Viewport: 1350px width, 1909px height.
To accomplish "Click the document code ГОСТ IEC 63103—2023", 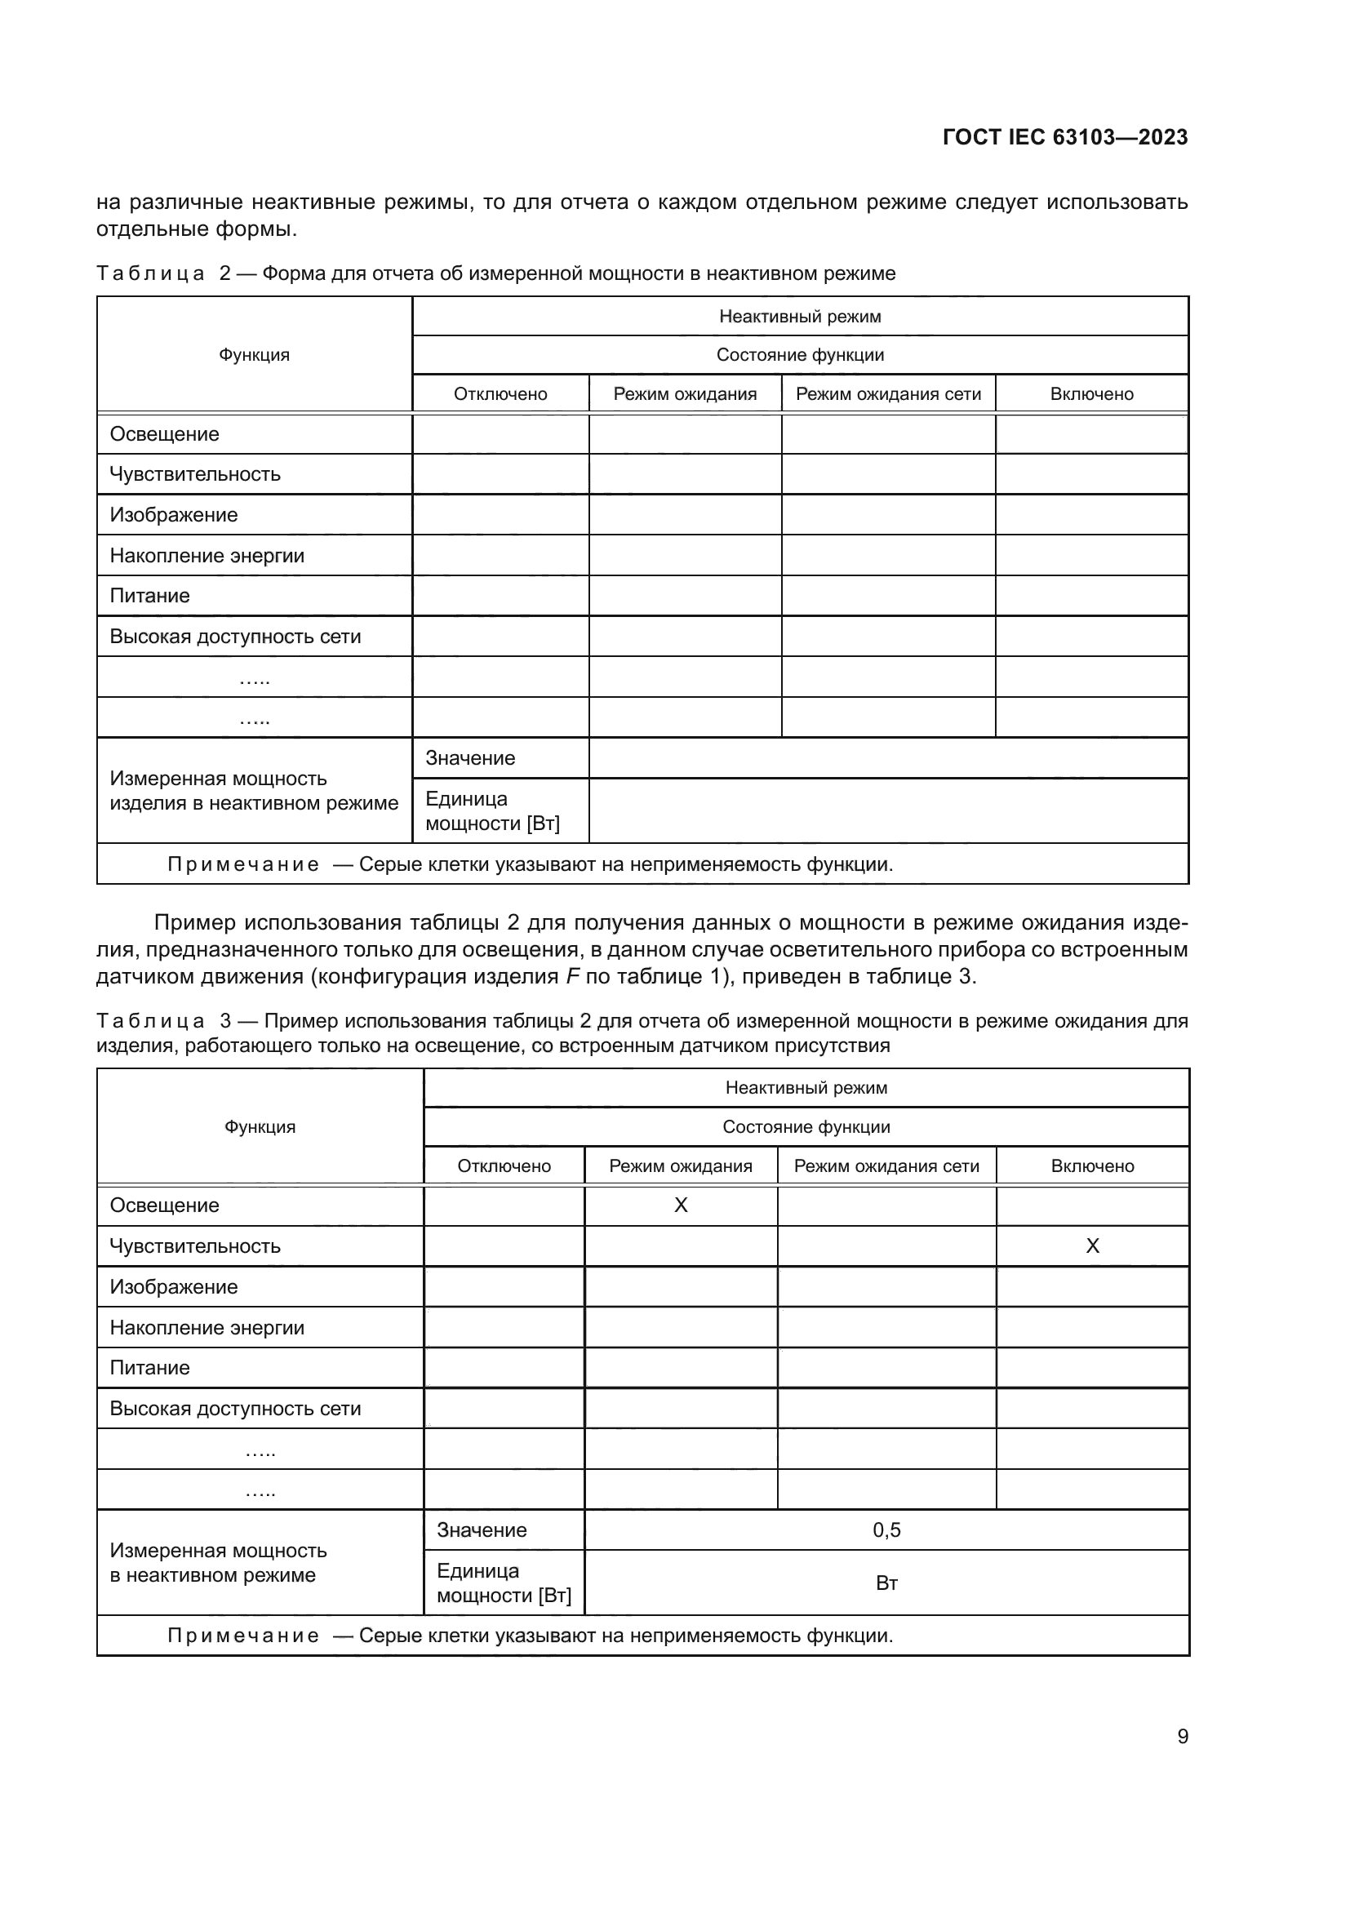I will (1065, 137).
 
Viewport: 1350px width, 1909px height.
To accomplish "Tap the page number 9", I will (1182, 1736).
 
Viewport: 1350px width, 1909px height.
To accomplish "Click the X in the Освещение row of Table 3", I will (680, 1205).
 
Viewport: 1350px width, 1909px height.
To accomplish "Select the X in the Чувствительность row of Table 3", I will (1092, 1245).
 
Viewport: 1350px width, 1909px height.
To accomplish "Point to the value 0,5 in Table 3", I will (886, 1529).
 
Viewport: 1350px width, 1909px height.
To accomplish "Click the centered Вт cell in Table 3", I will (886, 1583).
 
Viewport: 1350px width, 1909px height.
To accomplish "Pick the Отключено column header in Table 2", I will (500, 394).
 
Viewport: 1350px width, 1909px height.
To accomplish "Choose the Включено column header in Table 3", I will (1092, 1165).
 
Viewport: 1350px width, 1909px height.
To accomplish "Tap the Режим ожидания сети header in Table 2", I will (888, 394).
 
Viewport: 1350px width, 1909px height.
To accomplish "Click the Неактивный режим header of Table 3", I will (806, 1087).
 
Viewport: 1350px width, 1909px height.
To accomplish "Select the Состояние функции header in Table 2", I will (800, 355).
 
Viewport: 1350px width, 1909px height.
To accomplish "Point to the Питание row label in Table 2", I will (149, 595).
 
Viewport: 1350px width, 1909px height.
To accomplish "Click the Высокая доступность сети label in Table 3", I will (235, 1409).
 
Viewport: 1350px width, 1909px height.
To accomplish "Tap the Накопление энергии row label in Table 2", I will (207, 556).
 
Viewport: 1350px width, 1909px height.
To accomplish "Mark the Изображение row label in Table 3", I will (174, 1287).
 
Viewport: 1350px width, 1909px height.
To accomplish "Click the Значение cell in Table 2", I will (470, 758).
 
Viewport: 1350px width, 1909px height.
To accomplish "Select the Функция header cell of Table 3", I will (260, 1126).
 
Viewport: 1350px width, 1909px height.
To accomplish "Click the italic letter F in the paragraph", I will (572, 976).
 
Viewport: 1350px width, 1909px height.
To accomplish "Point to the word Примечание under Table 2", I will (242, 864).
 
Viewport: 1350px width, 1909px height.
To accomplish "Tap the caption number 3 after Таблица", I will (225, 1021).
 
